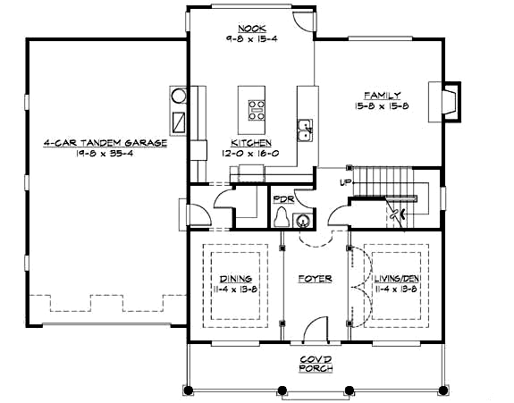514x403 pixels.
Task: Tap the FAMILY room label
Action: [381, 95]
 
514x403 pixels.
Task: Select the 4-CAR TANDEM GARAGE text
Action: [105, 142]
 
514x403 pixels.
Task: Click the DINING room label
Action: [235, 279]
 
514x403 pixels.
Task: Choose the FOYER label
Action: [315, 279]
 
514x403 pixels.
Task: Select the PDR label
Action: [282, 198]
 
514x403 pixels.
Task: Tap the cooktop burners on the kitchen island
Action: [257, 109]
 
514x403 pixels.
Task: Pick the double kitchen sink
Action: [305, 130]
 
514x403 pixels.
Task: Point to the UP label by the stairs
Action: [344, 182]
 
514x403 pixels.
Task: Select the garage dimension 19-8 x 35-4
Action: [105, 153]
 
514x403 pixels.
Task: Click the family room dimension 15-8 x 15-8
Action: [381, 106]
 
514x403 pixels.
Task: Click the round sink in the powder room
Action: [303, 220]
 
